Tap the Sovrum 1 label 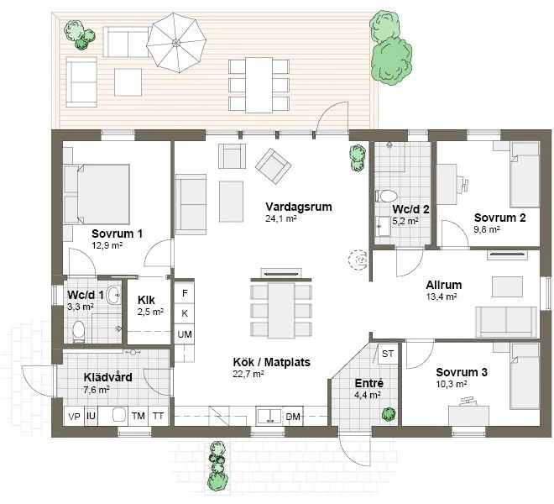(x=118, y=234)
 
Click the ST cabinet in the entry (x=388, y=354)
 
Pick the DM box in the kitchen (x=293, y=417)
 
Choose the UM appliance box (x=185, y=333)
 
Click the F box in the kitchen (x=185, y=291)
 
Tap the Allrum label (x=444, y=285)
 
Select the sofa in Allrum (x=505, y=322)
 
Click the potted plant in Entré (x=388, y=412)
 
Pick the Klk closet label (x=146, y=300)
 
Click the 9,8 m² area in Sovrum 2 (x=487, y=228)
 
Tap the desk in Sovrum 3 (x=465, y=414)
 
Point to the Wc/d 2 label (x=410, y=210)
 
